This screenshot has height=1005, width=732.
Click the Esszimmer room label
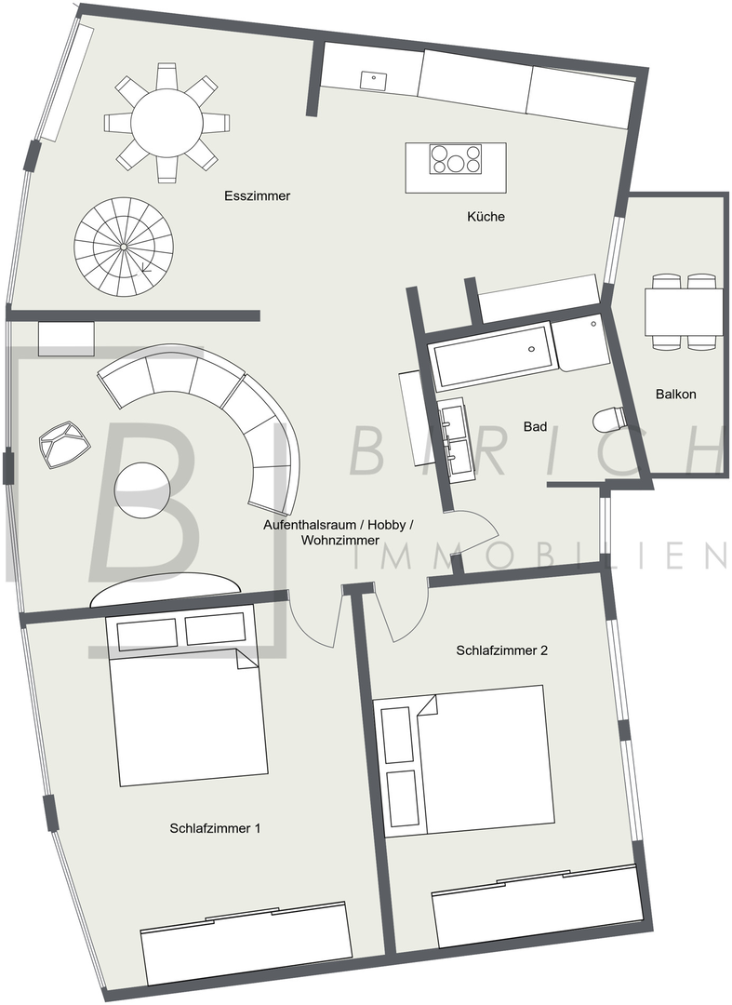(257, 196)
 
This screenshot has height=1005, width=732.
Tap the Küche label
(486, 217)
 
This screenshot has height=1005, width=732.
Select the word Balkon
(675, 395)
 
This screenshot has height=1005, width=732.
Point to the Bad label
(535, 426)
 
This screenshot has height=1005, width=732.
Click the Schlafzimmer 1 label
(215, 828)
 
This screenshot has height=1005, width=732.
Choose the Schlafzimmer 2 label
(502, 650)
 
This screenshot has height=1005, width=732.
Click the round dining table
(166, 123)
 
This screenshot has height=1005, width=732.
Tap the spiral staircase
(124, 246)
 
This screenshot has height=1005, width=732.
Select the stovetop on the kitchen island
(456, 158)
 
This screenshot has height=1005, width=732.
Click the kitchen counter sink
(373, 81)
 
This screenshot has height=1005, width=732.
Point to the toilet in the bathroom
(609, 421)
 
